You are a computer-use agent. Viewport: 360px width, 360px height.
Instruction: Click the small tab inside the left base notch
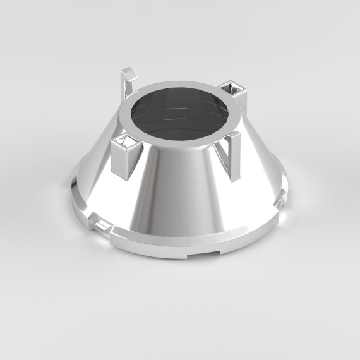click(101, 223)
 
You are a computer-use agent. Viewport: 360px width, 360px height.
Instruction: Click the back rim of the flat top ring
click(183, 84)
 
